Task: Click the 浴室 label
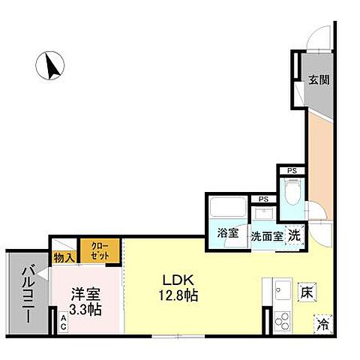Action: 228,233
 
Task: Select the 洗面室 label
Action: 266,235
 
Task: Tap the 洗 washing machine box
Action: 295,234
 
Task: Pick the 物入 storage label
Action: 64,257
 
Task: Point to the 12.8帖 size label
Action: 178,295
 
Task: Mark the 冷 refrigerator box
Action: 323,325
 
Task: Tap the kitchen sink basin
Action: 282,289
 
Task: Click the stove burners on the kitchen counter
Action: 283,323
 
